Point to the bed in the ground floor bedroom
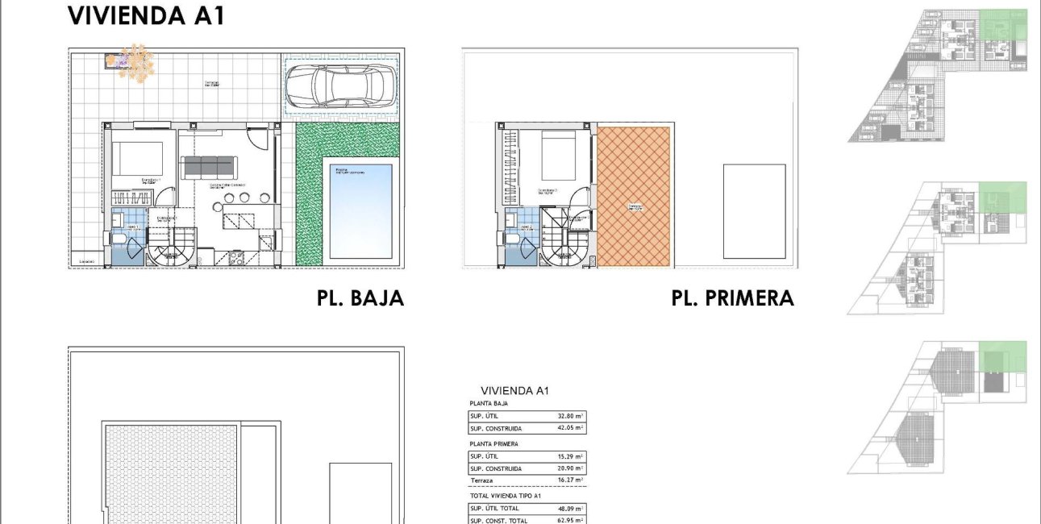(137, 159)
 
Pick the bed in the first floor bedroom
(559, 156)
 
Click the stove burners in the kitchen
(238, 259)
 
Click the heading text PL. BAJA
(360, 299)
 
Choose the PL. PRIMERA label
(732, 299)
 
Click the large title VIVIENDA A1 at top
(146, 15)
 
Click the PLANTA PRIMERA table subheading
(493, 443)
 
